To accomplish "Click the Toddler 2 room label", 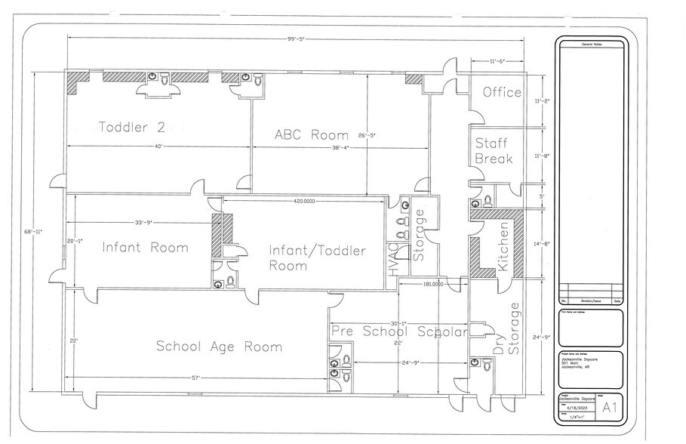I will coord(131,127).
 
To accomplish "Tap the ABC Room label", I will coord(311,135).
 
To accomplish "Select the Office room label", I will coord(502,92).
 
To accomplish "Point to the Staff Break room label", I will coord(494,151).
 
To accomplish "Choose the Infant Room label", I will coord(146,247).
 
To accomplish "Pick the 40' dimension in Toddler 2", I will coord(157,146).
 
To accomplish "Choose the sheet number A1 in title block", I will coord(610,408).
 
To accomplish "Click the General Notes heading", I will coord(592,45).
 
